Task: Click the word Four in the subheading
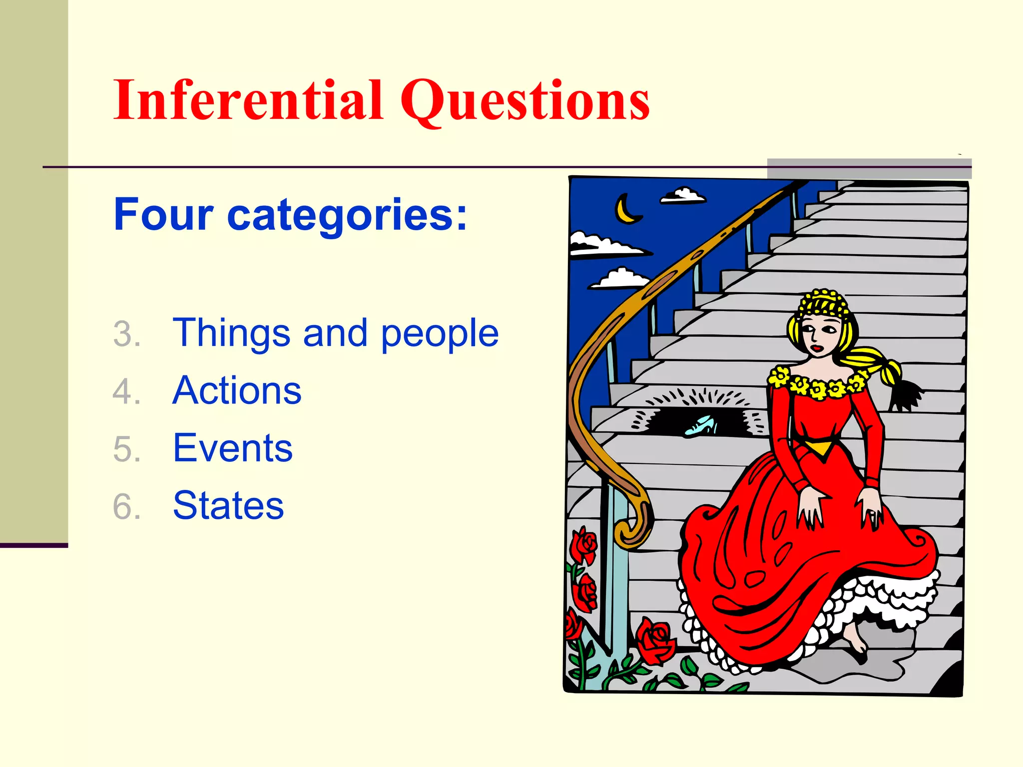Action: tap(163, 215)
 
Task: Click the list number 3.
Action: tap(126, 334)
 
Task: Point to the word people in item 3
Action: tap(440, 334)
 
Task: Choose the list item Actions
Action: tap(237, 390)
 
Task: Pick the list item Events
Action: tap(232, 448)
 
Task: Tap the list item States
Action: tap(228, 505)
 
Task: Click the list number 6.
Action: tap(126, 506)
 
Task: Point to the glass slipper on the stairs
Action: tap(700, 426)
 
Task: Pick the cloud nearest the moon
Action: tap(683, 196)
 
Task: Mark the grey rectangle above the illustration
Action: tap(869, 169)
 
